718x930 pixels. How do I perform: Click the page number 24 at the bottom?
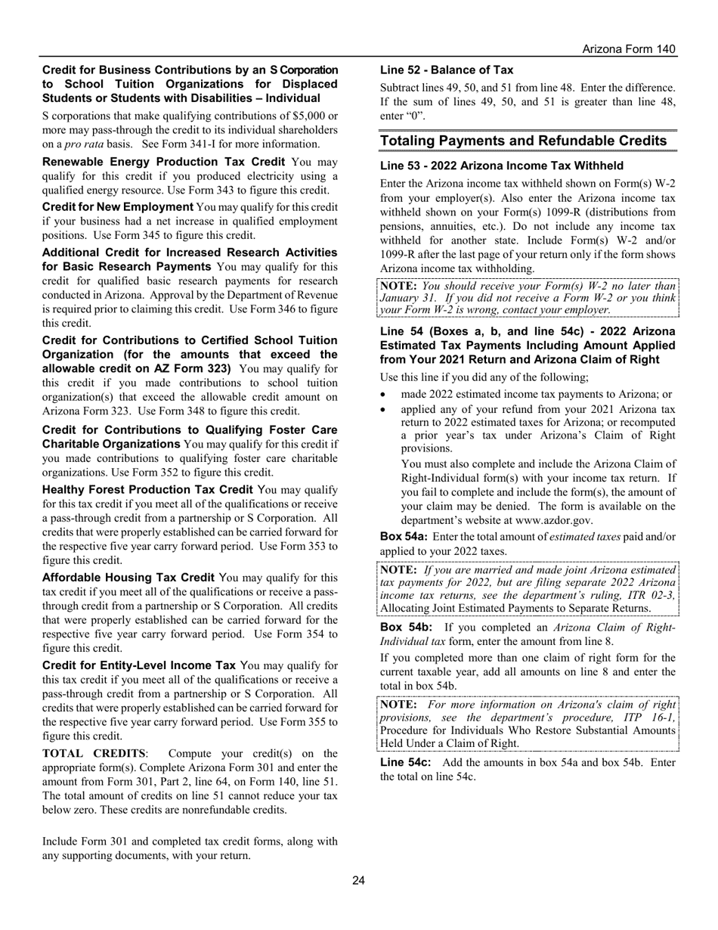(x=358, y=879)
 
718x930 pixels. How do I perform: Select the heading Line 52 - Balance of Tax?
(x=446, y=70)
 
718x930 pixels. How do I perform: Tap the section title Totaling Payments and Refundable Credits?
(x=523, y=141)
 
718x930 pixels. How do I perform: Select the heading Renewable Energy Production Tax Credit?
(x=163, y=162)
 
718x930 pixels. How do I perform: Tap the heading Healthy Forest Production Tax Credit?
(x=147, y=490)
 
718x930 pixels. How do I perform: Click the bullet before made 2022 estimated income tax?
(x=385, y=395)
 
